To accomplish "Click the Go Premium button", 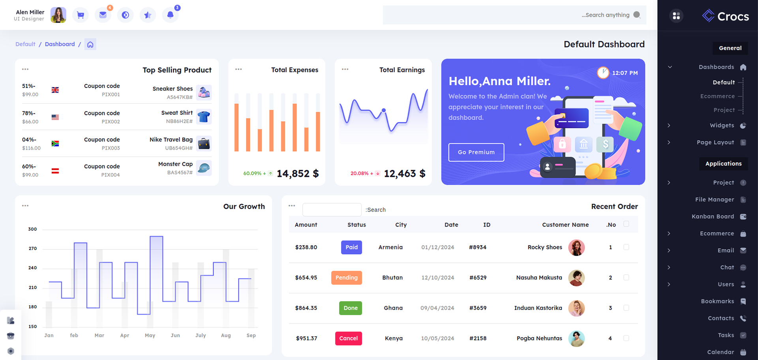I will (476, 152).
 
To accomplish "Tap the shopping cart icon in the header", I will (81, 15).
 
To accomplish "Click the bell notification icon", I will (170, 15).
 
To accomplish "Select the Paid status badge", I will (351, 247).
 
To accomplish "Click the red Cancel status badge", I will (348, 338).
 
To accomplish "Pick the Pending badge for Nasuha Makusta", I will (346, 277).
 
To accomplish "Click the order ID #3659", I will (478, 308).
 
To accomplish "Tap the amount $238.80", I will (306, 247).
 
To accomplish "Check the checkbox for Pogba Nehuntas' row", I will (626, 338).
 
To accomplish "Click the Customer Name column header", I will (565, 225).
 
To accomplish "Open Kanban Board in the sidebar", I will (713, 216).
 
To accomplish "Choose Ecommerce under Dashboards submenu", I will (717, 96).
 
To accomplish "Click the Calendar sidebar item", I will (720, 352).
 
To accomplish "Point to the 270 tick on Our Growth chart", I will (33, 249).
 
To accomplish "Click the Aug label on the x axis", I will (226, 336).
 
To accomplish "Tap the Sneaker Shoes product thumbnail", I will (204, 92).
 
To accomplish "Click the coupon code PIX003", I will (111, 148).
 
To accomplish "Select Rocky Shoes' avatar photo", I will (576, 247).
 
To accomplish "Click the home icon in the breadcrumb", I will (90, 45).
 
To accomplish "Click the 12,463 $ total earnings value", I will (404, 174).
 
